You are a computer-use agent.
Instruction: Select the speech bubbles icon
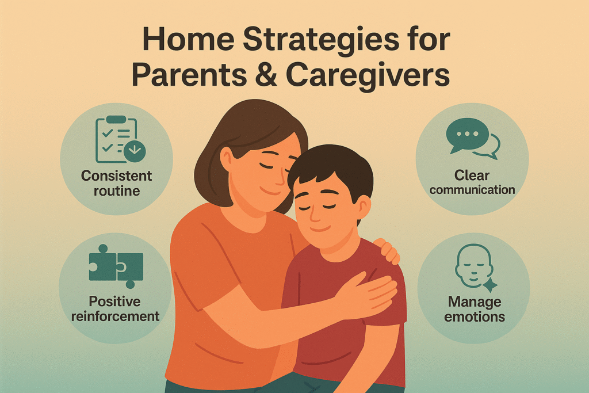tap(473, 138)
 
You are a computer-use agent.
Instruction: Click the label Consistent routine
tap(117, 182)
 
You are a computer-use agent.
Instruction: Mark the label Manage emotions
tap(475, 310)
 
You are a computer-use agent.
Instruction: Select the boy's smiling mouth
tap(326, 229)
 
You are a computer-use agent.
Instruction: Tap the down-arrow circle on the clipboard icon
tap(135, 151)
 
